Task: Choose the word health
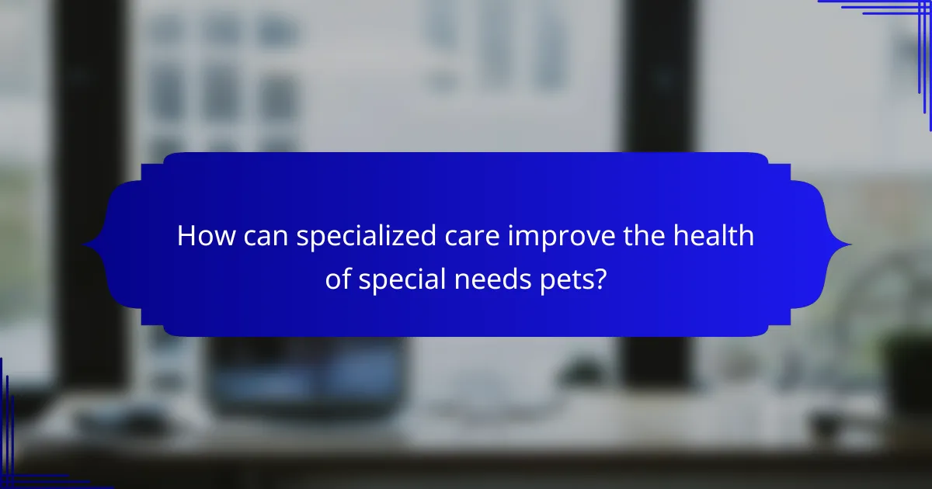coord(713,236)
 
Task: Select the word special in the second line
coord(402,280)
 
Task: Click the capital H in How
coord(186,236)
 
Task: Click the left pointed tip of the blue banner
coord(83,245)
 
